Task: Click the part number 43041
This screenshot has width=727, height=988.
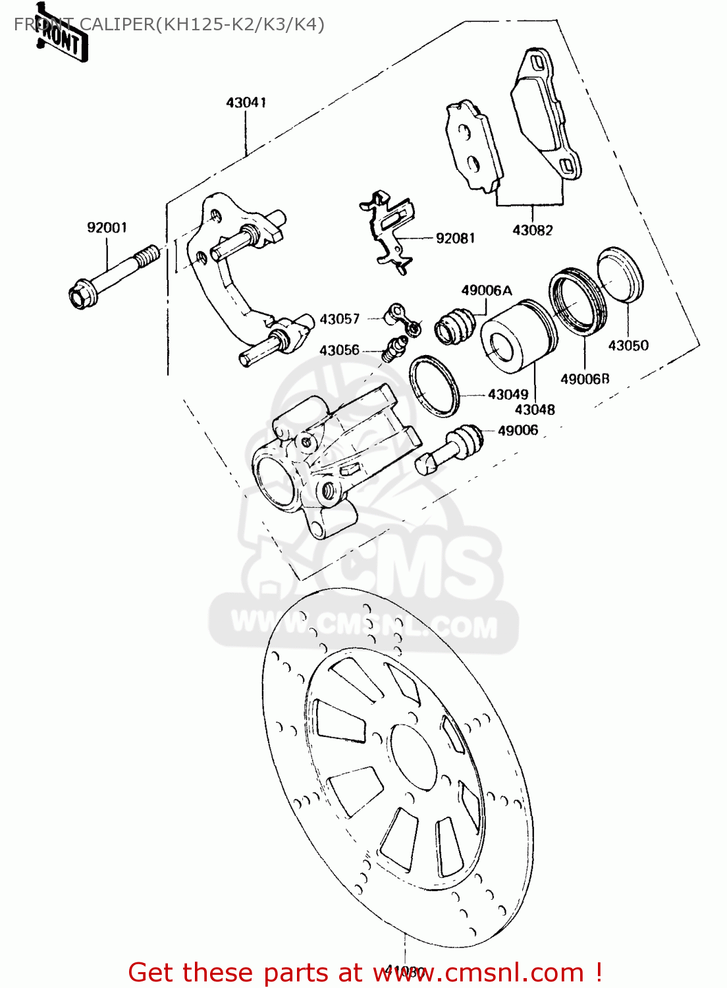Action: click(x=246, y=103)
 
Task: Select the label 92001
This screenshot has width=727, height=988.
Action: click(x=107, y=228)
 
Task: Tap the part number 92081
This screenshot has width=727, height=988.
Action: click(x=455, y=238)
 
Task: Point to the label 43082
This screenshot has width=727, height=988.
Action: click(x=532, y=231)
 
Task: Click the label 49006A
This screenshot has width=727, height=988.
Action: click(x=486, y=290)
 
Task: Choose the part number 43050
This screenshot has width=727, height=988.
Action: click(x=628, y=346)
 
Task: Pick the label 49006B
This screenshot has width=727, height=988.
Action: click(x=584, y=379)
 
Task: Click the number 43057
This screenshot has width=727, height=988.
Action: click(x=339, y=319)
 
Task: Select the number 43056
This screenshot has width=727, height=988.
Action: click(x=339, y=350)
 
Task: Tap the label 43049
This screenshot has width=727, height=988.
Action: click(x=508, y=395)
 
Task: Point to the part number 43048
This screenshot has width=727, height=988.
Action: click(x=534, y=410)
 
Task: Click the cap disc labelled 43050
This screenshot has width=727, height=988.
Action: click(x=620, y=275)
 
